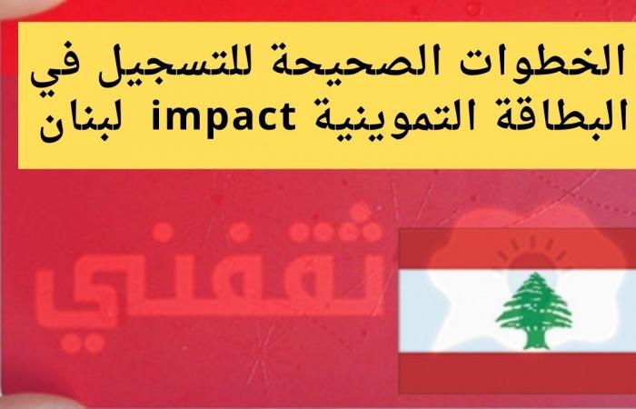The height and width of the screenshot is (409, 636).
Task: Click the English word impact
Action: (224, 117)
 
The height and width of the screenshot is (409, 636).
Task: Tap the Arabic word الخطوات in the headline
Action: (567, 62)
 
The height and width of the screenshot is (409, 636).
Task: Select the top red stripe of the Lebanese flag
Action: (517, 248)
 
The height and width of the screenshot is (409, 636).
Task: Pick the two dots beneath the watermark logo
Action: (83, 344)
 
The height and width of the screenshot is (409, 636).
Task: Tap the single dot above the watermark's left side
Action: (163, 232)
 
